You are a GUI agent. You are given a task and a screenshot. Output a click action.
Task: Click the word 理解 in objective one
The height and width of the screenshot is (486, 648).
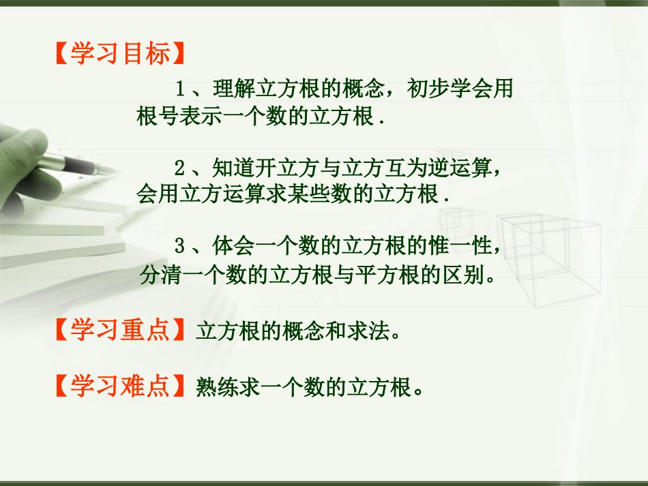229,89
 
